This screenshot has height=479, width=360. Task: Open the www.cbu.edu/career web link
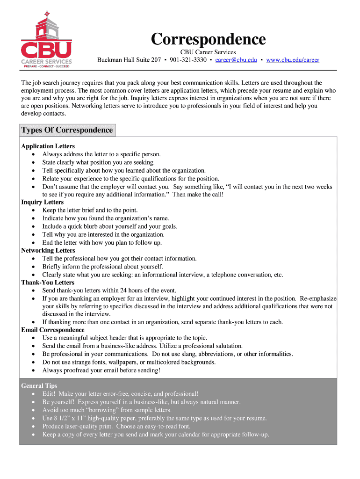click(293, 60)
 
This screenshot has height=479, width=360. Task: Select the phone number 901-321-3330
click(188, 60)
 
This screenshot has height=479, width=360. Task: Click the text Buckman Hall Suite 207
click(129, 60)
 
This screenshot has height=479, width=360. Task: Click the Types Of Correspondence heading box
click(67, 130)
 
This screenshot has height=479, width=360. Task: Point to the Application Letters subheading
click(48, 146)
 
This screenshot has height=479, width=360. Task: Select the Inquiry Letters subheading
click(42, 202)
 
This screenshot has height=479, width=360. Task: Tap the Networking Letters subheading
click(48, 250)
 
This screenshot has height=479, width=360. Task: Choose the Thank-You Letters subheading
click(48, 283)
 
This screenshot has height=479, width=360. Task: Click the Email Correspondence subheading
click(53, 330)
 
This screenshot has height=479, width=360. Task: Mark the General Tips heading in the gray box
click(39, 386)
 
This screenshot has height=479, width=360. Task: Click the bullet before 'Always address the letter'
click(33, 154)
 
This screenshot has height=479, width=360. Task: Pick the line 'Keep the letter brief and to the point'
click(90, 210)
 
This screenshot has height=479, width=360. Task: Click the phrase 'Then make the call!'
click(198, 194)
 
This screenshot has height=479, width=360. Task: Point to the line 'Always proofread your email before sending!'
click(101, 370)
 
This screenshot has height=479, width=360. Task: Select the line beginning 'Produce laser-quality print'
click(116, 426)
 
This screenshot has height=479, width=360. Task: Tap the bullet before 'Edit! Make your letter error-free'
click(33, 394)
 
